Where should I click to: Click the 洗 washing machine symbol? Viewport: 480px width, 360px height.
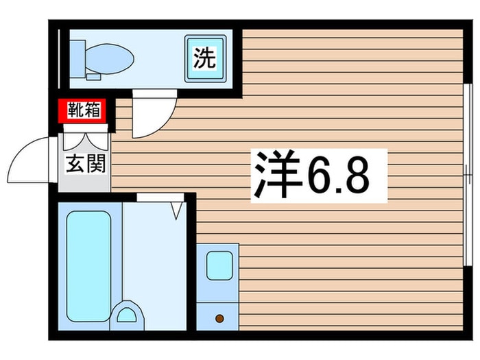tap(204, 58)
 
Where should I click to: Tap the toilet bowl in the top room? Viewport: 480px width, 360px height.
tap(110, 58)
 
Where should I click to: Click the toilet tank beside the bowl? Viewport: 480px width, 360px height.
tap(77, 58)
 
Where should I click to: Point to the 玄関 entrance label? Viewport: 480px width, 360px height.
tap(85, 165)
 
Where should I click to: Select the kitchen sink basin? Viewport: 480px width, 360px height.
tap(219, 265)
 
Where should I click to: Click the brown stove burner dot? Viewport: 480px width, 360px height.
tap(219, 318)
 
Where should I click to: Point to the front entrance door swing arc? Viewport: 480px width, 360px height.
tap(31, 159)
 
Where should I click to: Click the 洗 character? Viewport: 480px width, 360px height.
tap(204, 58)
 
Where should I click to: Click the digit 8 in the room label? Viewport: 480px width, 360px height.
tap(357, 176)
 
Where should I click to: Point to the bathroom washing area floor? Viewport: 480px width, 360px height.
tap(154, 261)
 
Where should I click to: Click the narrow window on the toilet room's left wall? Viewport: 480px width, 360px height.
tap(60, 59)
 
